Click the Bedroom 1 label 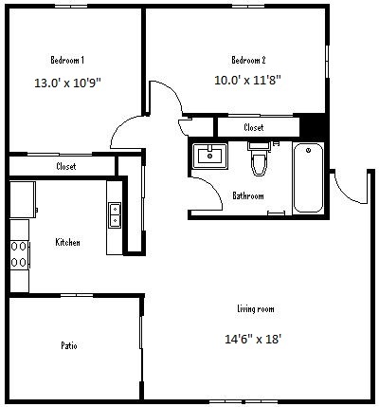67,60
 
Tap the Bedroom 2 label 248,60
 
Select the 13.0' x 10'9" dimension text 67,83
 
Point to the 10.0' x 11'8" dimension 247,80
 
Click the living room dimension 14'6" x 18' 253,339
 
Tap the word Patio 69,345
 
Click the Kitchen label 67,242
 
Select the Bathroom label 248,195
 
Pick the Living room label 256,308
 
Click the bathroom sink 210,156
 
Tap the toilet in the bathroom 260,158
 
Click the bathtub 308,178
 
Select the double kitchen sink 115,215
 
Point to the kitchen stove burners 19,254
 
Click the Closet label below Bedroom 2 254,127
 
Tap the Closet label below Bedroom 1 66,166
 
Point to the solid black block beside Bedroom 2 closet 312,126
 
